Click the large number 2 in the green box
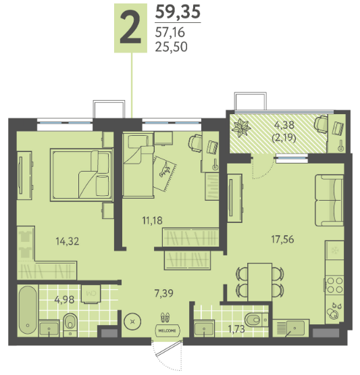click(130, 28)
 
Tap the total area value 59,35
click(178, 12)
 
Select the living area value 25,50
click(171, 47)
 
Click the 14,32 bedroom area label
click(67, 241)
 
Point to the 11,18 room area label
click(152, 220)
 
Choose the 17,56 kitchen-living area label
click(282, 239)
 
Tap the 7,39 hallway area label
click(164, 293)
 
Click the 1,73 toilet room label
click(236, 329)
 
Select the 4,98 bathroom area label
click(64, 299)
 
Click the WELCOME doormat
click(167, 331)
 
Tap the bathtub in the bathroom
click(28, 310)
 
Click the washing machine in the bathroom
click(91, 294)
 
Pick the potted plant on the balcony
click(241, 128)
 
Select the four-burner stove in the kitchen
click(334, 285)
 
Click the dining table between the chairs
click(260, 282)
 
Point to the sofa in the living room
click(330, 201)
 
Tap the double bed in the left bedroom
click(81, 175)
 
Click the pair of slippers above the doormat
click(165, 317)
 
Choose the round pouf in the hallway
click(132, 322)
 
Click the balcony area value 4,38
click(284, 125)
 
